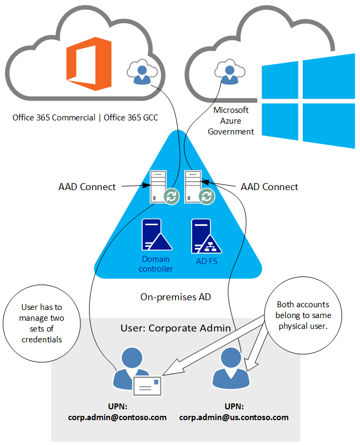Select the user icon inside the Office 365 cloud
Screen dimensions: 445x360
(x=140, y=72)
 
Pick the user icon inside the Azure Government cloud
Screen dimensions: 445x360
(x=228, y=72)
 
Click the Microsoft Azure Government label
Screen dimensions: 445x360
(x=231, y=120)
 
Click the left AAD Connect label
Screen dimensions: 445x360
(x=87, y=187)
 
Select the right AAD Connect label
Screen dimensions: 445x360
(x=269, y=187)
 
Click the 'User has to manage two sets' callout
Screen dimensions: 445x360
(x=42, y=323)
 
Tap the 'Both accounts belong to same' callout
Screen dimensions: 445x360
(x=303, y=315)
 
